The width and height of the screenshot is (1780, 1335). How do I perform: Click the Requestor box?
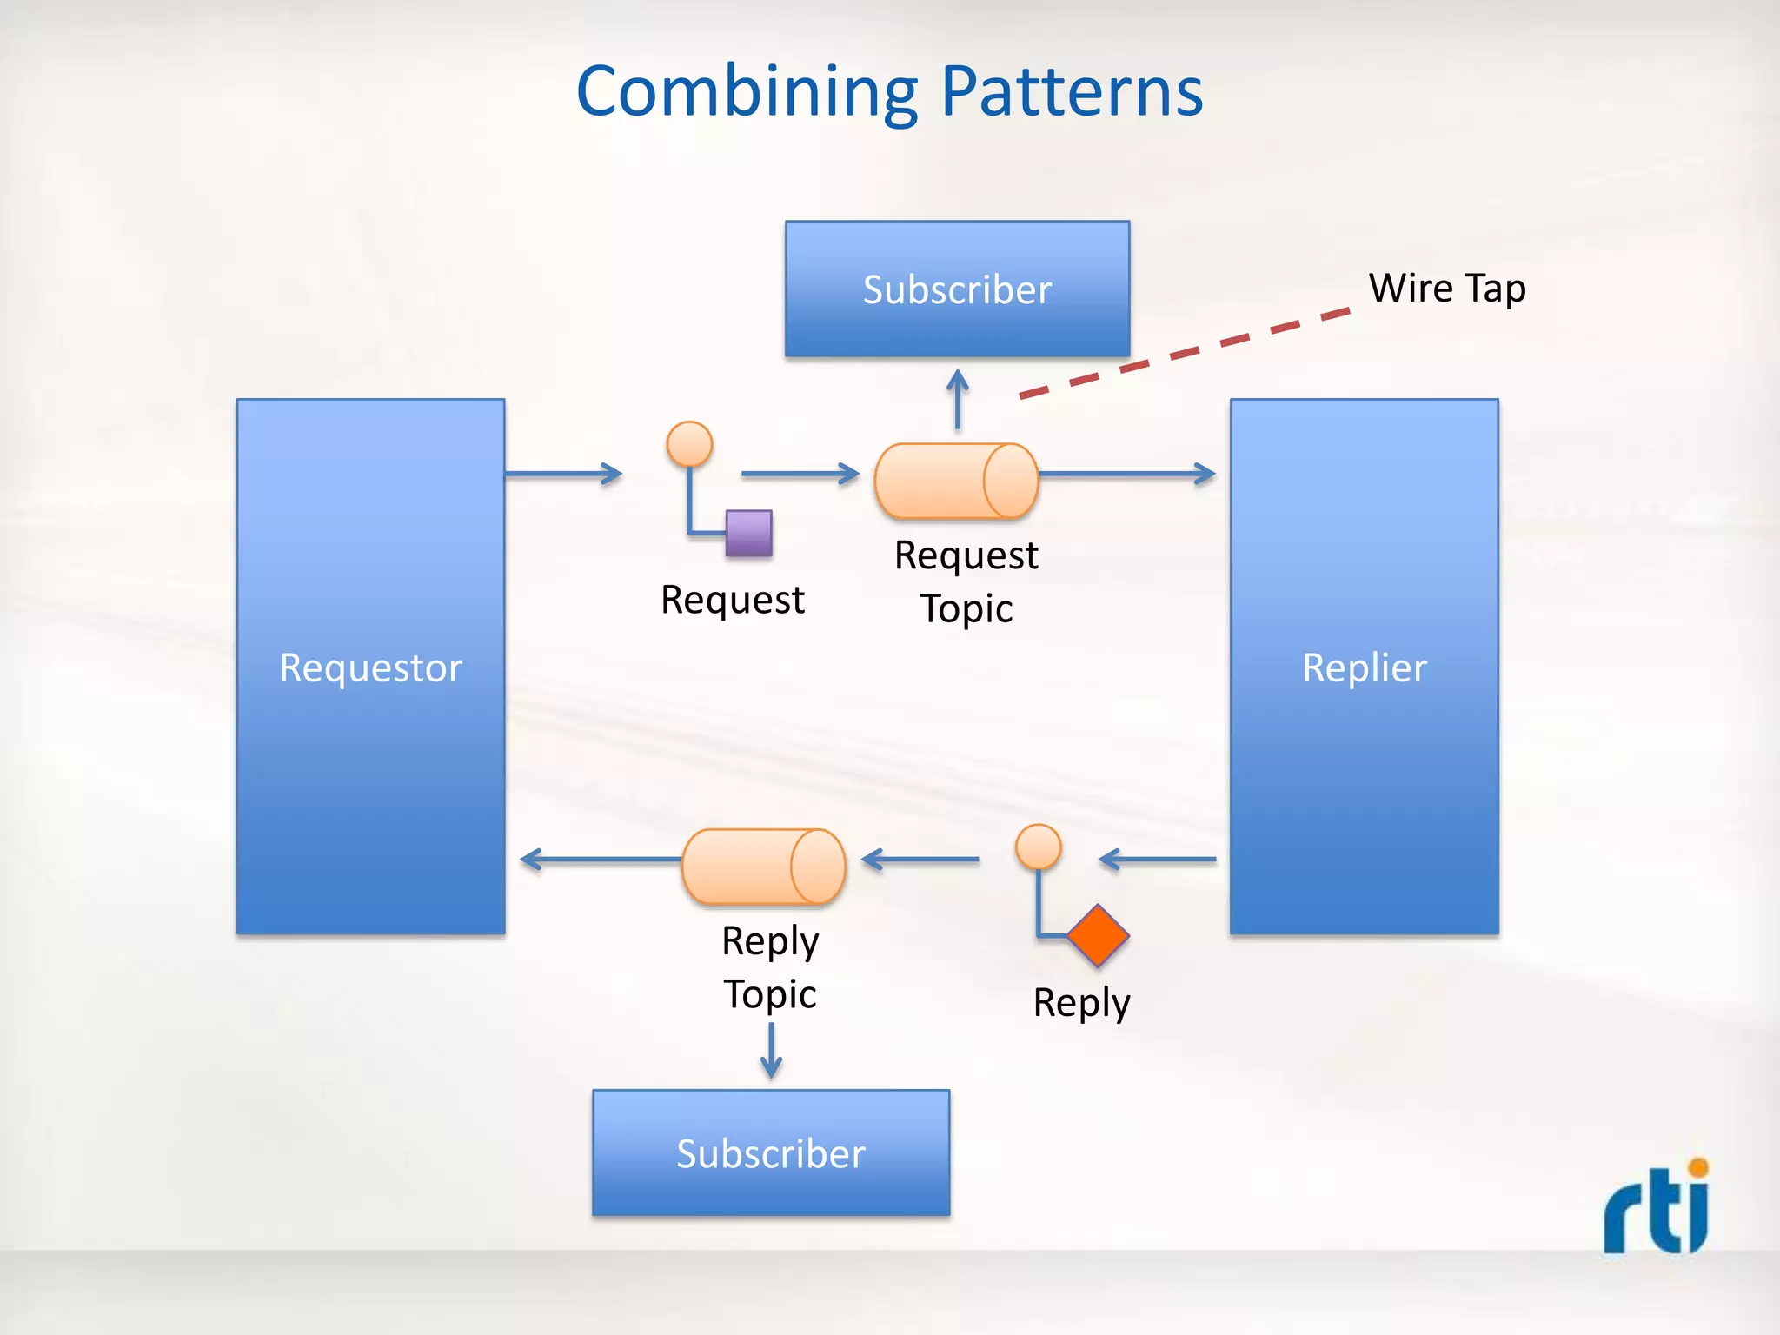click(370, 667)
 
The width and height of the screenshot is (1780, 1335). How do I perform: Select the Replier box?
click(1364, 667)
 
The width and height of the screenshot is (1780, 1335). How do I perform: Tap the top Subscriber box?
click(957, 289)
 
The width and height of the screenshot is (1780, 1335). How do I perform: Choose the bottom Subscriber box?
click(771, 1152)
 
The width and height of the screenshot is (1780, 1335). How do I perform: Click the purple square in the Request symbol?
click(749, 533)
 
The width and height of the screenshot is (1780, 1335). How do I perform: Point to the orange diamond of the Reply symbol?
click(1098, 936)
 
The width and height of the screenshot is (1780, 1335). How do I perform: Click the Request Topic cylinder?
click(955, 481)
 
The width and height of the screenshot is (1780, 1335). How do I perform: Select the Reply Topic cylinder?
click(762, 867)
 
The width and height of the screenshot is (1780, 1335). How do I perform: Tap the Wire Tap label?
click(1446, 288)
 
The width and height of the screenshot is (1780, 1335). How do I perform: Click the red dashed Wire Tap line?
click(1184, 353)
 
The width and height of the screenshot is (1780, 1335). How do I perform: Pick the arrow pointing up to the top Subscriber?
click(957, 398)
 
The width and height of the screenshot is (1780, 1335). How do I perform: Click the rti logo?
click(1657, 1206)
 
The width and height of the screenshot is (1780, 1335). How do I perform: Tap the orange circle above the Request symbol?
click(689, 444)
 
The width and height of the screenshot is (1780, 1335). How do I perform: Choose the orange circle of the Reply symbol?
click(1038, 847)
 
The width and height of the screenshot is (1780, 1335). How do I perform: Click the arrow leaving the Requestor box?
click(563, 474)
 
